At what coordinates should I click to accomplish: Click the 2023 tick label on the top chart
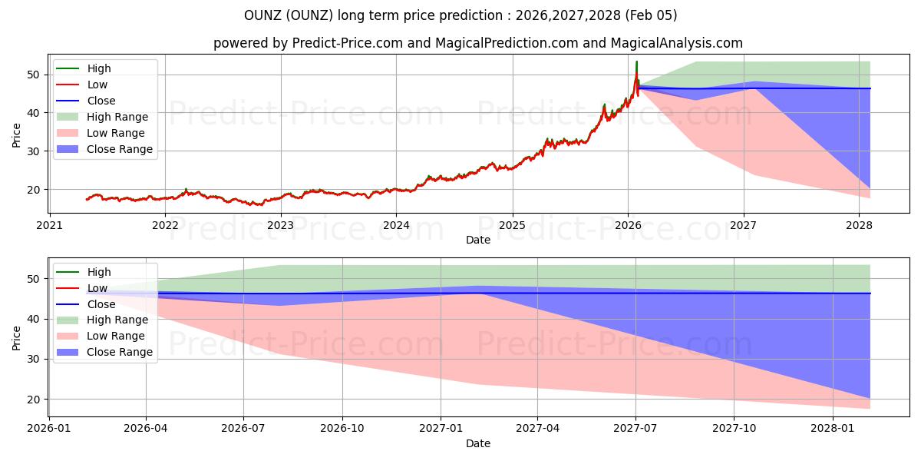(x=280, y=225)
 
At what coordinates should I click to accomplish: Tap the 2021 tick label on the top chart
(x=50, y=225)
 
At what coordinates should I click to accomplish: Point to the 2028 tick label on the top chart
(x=859, y=225)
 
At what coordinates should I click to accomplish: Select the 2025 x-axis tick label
(x=512, y=225)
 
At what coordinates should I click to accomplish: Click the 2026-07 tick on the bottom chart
(x=243, y=427)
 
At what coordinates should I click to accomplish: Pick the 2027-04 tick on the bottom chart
(x=537, y=427)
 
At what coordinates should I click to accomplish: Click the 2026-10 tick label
(x=342, y=427)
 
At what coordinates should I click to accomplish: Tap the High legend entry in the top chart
(x=99, y=68)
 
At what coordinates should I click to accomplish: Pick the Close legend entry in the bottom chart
(x=101, y=304)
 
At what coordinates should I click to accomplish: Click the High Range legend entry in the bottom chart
(x=117, y=320)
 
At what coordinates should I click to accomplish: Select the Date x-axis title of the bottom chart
(x=478, y=443)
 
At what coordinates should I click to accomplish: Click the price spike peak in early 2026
(x=636, y=61)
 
